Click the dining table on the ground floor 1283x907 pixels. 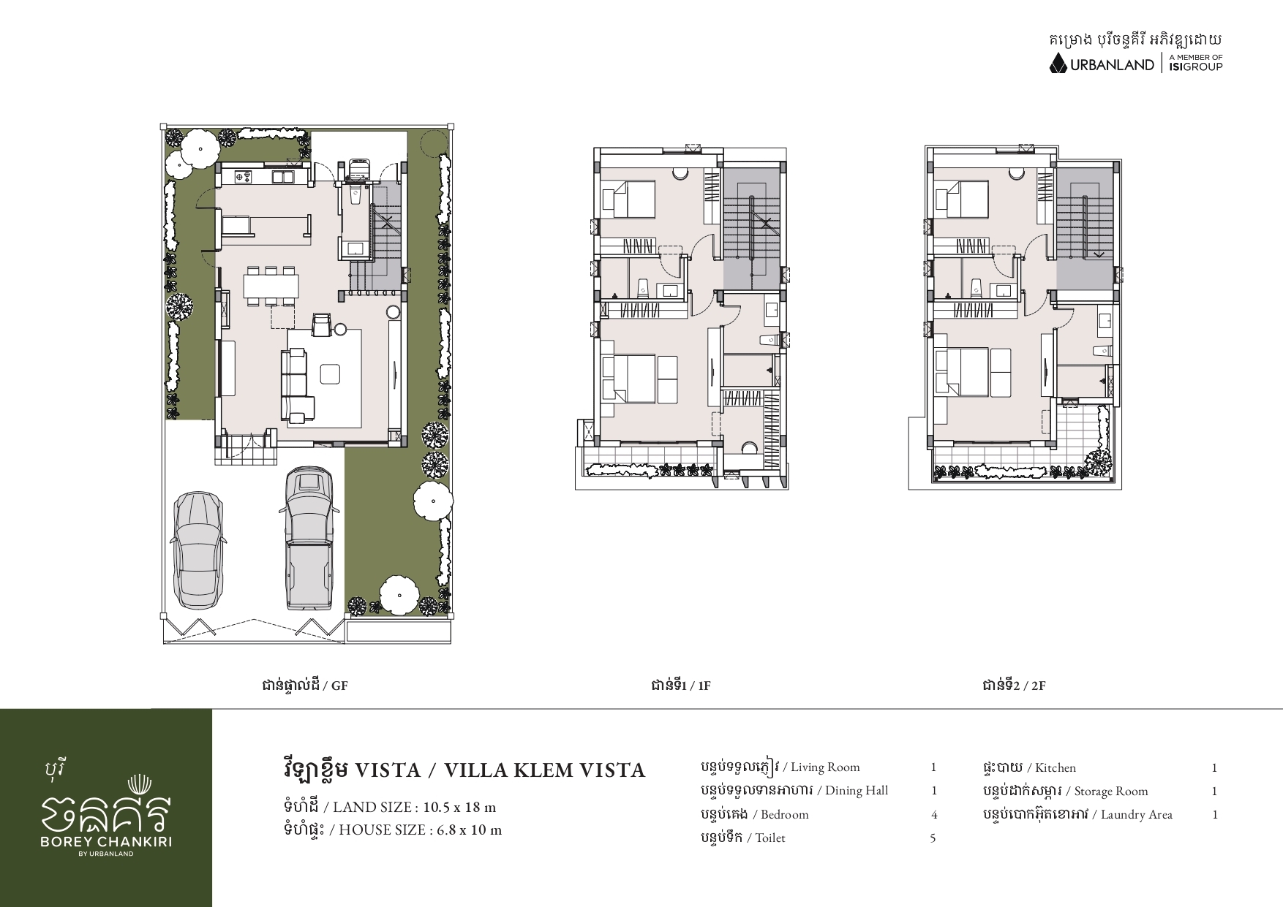coord(271,285)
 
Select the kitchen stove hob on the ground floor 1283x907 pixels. coord(243,176)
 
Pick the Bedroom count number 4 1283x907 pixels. coord(934,814)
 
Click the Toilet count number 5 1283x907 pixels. coord(933,838)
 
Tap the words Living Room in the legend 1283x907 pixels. coord(825,767)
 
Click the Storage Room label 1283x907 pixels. coord(1111,791)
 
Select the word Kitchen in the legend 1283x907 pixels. coord(1056,767)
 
